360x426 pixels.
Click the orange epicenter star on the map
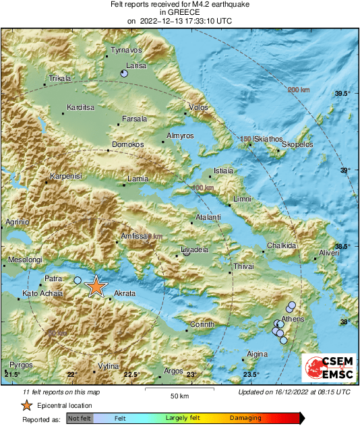(96, 286)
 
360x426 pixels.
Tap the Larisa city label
(136, 65)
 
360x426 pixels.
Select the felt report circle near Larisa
(123, 73)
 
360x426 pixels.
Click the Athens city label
(293, 319)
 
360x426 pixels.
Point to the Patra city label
(53, 277)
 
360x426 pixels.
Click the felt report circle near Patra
(78, 280)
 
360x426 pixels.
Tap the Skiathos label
(265, 138)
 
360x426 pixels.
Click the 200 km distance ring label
(299, 90)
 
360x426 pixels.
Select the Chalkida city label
(282, 246)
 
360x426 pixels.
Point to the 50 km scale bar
(179, 390)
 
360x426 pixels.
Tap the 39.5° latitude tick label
(343, 93)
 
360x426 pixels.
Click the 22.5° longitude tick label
(131, 374)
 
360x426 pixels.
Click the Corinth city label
(202, 324)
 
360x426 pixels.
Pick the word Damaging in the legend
(245, 419)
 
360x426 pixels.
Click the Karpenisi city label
(65, 176)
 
